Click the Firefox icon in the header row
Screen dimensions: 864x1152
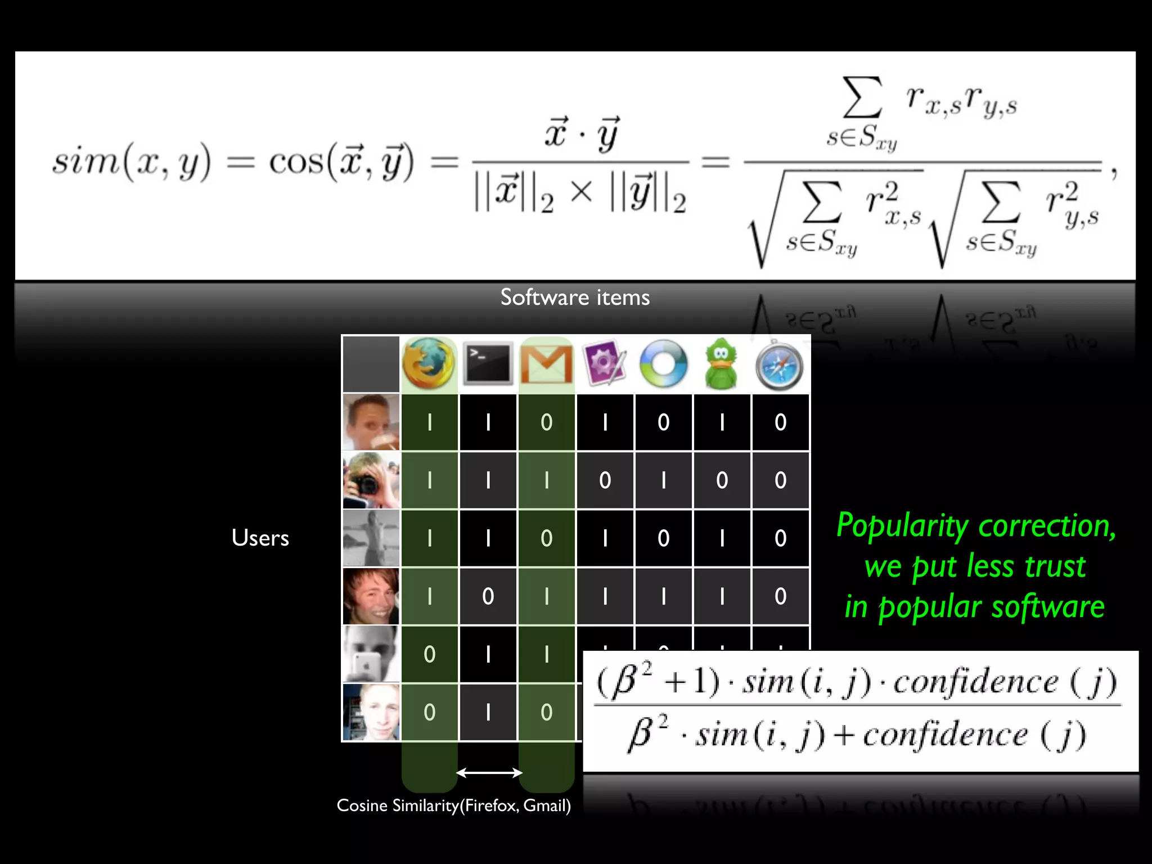coord(429,364)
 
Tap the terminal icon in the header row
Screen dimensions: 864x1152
coord(488,364)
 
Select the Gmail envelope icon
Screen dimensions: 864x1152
coord(546,364)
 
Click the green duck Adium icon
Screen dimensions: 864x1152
coord(721,364)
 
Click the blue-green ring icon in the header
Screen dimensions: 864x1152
coord(663,364)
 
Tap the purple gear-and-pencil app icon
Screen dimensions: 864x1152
coord(605,364)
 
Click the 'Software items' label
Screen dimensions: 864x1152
coord(575,297)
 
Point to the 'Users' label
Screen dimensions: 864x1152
coord(260,538)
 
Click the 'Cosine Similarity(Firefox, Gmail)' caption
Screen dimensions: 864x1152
coord(453,805)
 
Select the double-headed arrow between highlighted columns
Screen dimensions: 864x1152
coord(488,773)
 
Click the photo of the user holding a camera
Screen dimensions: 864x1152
coord(371,480)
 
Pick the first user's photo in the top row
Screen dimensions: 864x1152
coord(371,422)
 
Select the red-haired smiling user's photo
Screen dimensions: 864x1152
coord(371,596)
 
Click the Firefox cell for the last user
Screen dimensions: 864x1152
coord(429,712)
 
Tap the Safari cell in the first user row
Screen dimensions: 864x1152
coord(780,422)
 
